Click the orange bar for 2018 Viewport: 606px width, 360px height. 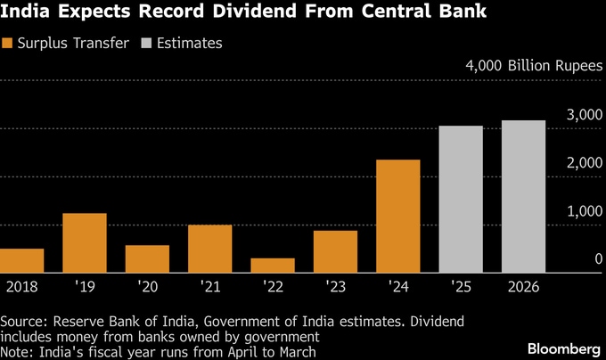tap(21, 260)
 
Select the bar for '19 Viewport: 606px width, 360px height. tap(85, 242)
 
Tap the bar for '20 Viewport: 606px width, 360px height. tap(147, 258)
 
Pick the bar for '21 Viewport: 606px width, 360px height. tap(209, 249)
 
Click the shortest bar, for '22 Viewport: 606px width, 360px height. tap(273, 265)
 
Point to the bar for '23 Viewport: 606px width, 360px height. tap(335, 251)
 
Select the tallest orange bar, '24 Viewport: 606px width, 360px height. tap(397, 216)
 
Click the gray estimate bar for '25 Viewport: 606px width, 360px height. tap(461, 199)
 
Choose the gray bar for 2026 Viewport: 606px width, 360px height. tap(523, 196)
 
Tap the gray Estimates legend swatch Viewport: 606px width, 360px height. tap(145, 43)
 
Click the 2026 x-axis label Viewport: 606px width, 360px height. tap(523, 287)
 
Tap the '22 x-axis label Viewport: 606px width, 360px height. tap(273, 287)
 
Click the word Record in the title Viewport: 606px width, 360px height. tap(146, 12)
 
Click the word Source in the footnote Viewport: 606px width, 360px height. tap(23, 320)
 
